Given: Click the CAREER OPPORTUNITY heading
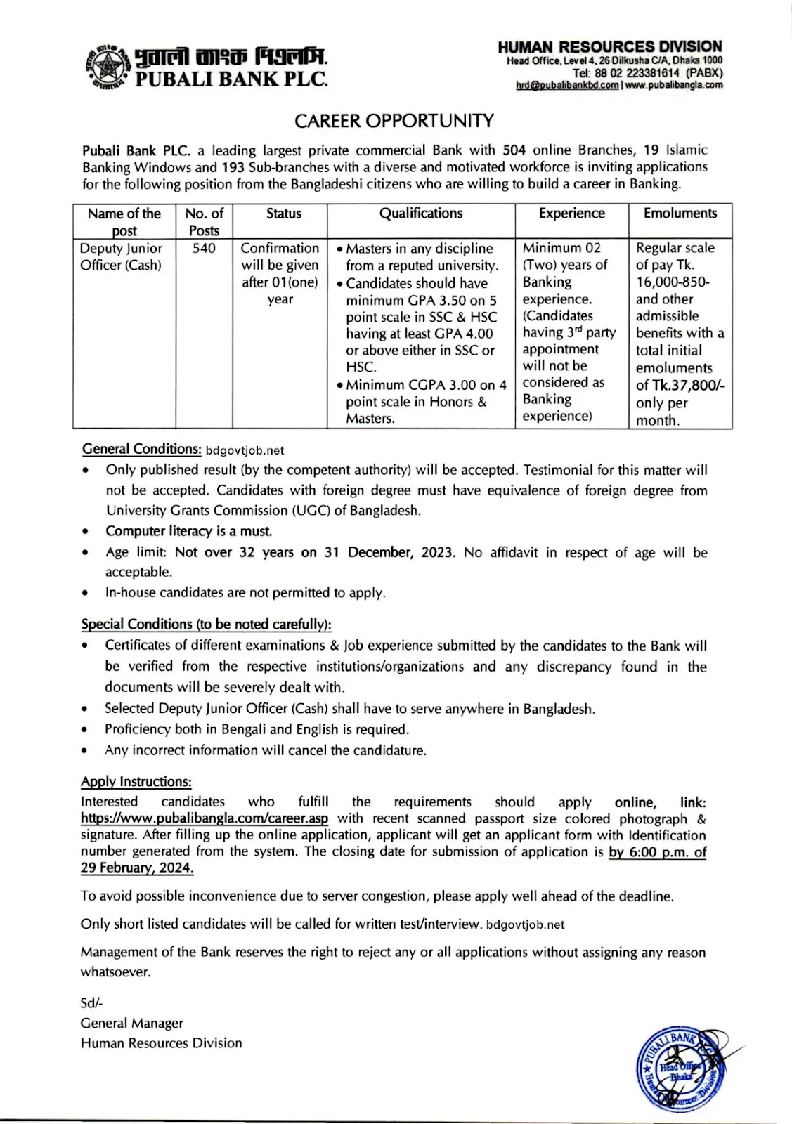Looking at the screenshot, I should pyautogui.click(x=394, y=121).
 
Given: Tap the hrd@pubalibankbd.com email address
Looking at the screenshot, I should pyautogui.click(x=567, y=85).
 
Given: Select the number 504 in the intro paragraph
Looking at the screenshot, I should pyautogui.click(x=514, y=150).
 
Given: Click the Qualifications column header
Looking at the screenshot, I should pyautogui.click(x=421, y=214).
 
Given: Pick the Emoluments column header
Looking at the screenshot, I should pyautogui.click(x=680, y=214).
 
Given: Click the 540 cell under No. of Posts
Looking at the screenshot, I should pyautogui.click(x=204, y=248).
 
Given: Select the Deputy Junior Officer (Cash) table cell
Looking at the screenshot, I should pyautogui.click(x=121, y=256).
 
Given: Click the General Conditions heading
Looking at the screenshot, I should pyautogui.click(x=141, y=449).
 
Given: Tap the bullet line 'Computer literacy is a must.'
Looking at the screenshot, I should pyautogui.click(x=188, y=531).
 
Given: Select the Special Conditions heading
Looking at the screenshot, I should pyautogui.click(x=206, y=624).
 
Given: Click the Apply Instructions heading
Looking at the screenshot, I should pyautogui.click(x=136, y=782).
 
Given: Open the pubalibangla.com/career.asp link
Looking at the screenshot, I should pyautogui.click(x=204, y=818).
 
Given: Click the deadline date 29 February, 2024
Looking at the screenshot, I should pyautogui.click(x=137, y=868).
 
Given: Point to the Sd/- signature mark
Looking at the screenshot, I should pyautogui.click(x=91, y=1004).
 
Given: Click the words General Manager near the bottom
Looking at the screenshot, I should pyautogui.click(x=131, y=1024).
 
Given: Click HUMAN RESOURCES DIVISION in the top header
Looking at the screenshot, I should pyautogui.click(x=609, y=47).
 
